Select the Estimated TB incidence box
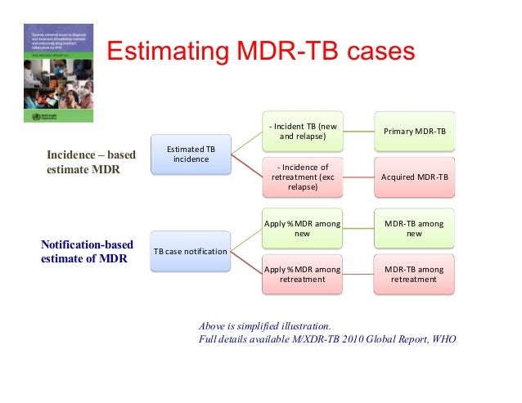pyautogui.click(x=191, y=154)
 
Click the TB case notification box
pyautogui.click(x=191, y=251)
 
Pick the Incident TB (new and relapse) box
pyautogui.click(x=303, y=132)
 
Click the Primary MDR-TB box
pyautogui.click(x=415, y=132)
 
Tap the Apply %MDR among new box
pyautogui.click(x=303, y=229)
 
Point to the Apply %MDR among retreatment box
pyautogui.click(x=303, y=274)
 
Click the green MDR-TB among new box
pyautogui.click(x=415, y=229)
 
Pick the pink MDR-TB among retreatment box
pyautogui.click(x=415, y=274)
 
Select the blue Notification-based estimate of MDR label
pyautogui.click(x=87, y=251)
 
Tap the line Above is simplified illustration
pyautogui.click(x=265, y=325)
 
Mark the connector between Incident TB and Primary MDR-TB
pyautogui.click(x=358, y=132)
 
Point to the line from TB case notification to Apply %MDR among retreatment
pyautogui.click(x=246, y=262)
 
